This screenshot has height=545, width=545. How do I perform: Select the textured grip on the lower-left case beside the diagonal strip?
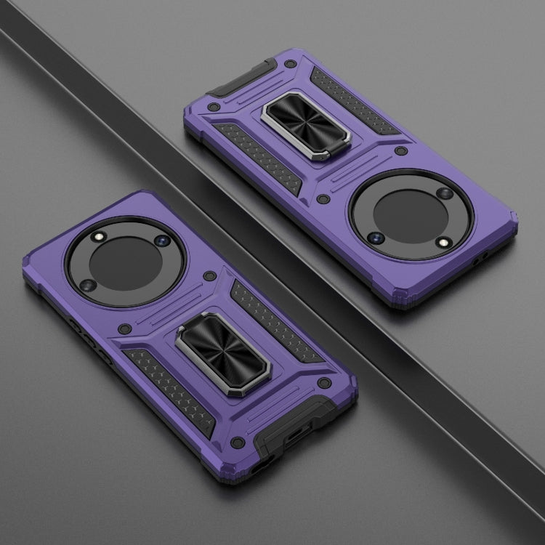[x=257, y=314]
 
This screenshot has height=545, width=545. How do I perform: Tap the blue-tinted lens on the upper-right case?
[x=378, y=238]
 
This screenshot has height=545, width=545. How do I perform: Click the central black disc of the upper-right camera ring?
[x=411, y=215]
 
